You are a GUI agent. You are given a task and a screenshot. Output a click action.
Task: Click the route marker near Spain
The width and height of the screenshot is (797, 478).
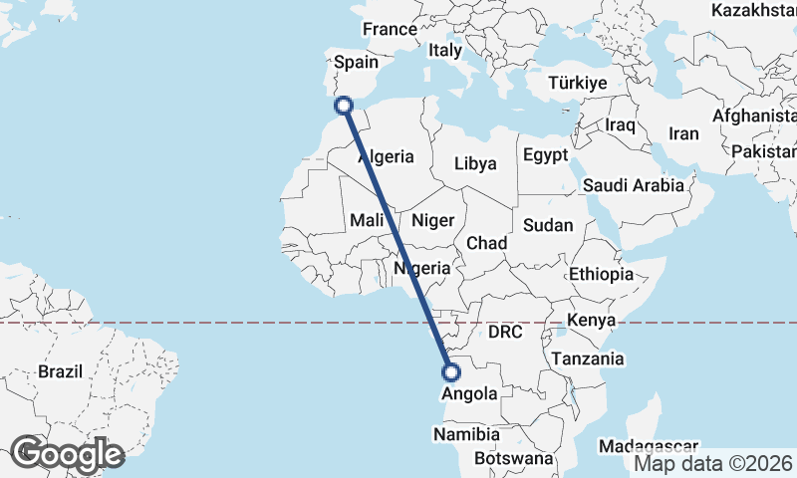point(344,106)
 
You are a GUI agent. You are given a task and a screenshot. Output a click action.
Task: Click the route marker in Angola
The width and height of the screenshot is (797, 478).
point(450,373)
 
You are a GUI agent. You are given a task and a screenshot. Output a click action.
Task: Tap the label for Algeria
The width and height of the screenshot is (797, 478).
point(386,156)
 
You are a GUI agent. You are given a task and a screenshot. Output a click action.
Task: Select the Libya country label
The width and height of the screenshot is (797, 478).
point(475,163)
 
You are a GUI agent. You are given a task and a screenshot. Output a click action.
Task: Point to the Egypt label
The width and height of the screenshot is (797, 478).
point(545,155)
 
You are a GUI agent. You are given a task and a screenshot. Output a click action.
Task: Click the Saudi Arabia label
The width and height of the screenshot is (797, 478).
point(634,184)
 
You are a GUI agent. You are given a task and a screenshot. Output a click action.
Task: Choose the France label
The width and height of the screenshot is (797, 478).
point(389,30)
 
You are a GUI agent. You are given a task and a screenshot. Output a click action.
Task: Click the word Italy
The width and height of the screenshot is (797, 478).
point(445,50)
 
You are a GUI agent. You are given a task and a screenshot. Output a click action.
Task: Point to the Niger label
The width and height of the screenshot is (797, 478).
point(432,220)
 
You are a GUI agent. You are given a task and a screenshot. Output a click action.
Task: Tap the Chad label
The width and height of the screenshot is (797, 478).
point(487,243)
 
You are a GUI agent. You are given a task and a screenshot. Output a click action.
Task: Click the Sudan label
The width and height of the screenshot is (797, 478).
point(548,225)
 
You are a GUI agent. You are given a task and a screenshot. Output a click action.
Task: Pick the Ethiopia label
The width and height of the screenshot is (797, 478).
point(601,274)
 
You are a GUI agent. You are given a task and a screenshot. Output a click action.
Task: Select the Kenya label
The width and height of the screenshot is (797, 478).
point(592,321)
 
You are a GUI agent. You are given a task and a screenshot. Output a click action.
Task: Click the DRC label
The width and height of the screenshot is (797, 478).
point(506,332)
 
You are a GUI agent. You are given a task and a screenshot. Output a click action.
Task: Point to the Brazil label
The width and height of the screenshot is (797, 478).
point(61,371)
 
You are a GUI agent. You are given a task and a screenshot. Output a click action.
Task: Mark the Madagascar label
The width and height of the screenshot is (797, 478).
point(648,447)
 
